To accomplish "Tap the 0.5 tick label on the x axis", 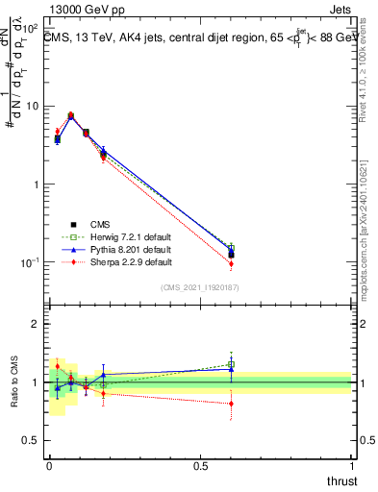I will coord(199,466).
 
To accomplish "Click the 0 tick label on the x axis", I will coord(48,466).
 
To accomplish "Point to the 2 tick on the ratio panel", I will coord(36,324).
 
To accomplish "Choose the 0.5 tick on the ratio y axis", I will coord(32,441).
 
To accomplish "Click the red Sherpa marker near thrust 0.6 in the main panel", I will coord(231,263).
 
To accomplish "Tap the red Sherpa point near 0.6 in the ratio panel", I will coord(231,404).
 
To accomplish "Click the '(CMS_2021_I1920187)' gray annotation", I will coord(199,287).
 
